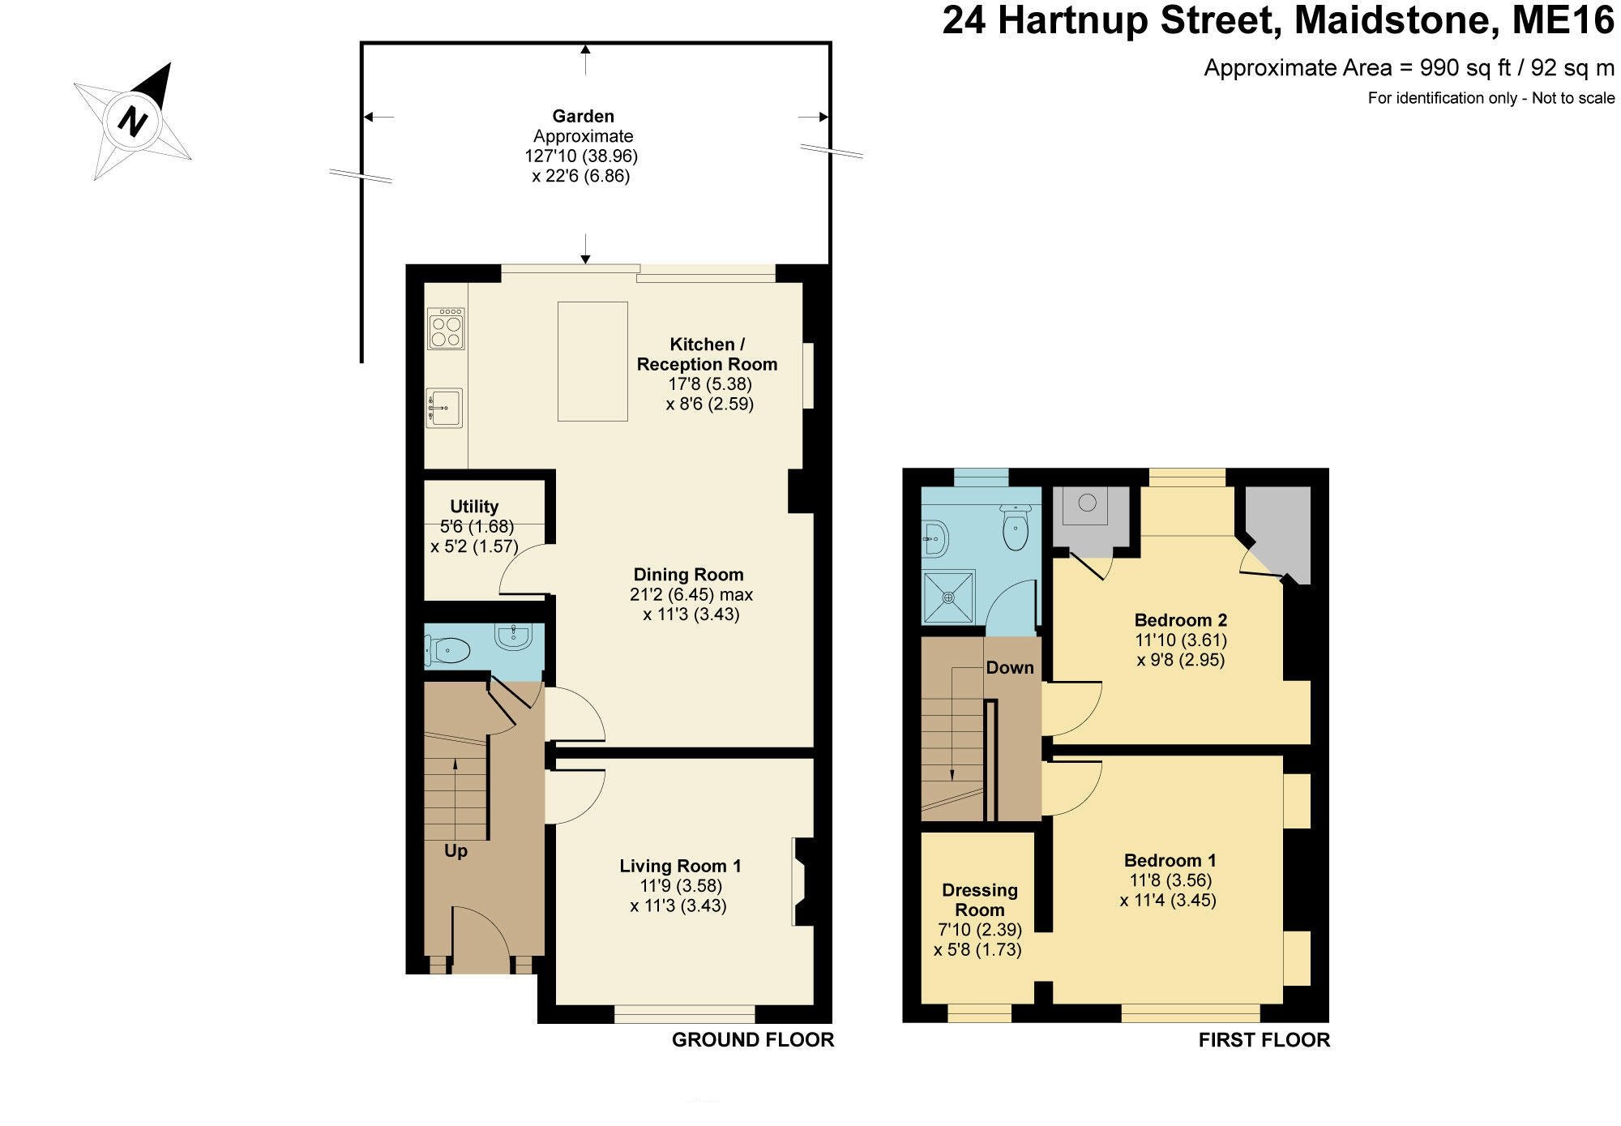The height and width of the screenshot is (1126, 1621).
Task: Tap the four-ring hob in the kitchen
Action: click(x=446, y=328)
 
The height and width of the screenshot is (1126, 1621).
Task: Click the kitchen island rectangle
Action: click(x=592, y=361)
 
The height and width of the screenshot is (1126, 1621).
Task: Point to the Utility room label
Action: click(x=474, y=507)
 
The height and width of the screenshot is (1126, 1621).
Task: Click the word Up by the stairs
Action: click(x=456, y=851)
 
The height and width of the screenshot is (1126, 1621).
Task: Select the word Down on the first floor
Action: click(x=1010, y=667)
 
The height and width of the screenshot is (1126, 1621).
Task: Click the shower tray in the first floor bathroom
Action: click(x=947, y=597)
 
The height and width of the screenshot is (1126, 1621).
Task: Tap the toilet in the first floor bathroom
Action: click(x=1016, y=529)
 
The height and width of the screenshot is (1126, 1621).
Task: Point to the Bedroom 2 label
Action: click(x=1180, y=620)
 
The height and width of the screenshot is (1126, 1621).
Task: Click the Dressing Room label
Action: click(x=979, y=900)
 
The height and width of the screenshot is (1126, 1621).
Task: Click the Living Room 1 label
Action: click(x=680, y=866)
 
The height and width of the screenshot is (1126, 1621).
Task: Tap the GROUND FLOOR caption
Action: click(x=752, y=1040)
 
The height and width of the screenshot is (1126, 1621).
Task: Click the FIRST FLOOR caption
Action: click(x=1264, y=1040)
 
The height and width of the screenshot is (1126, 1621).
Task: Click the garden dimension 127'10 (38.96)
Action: click(x=581, y=156)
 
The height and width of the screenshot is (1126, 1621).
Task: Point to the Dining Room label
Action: click(x=688, y=575)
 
